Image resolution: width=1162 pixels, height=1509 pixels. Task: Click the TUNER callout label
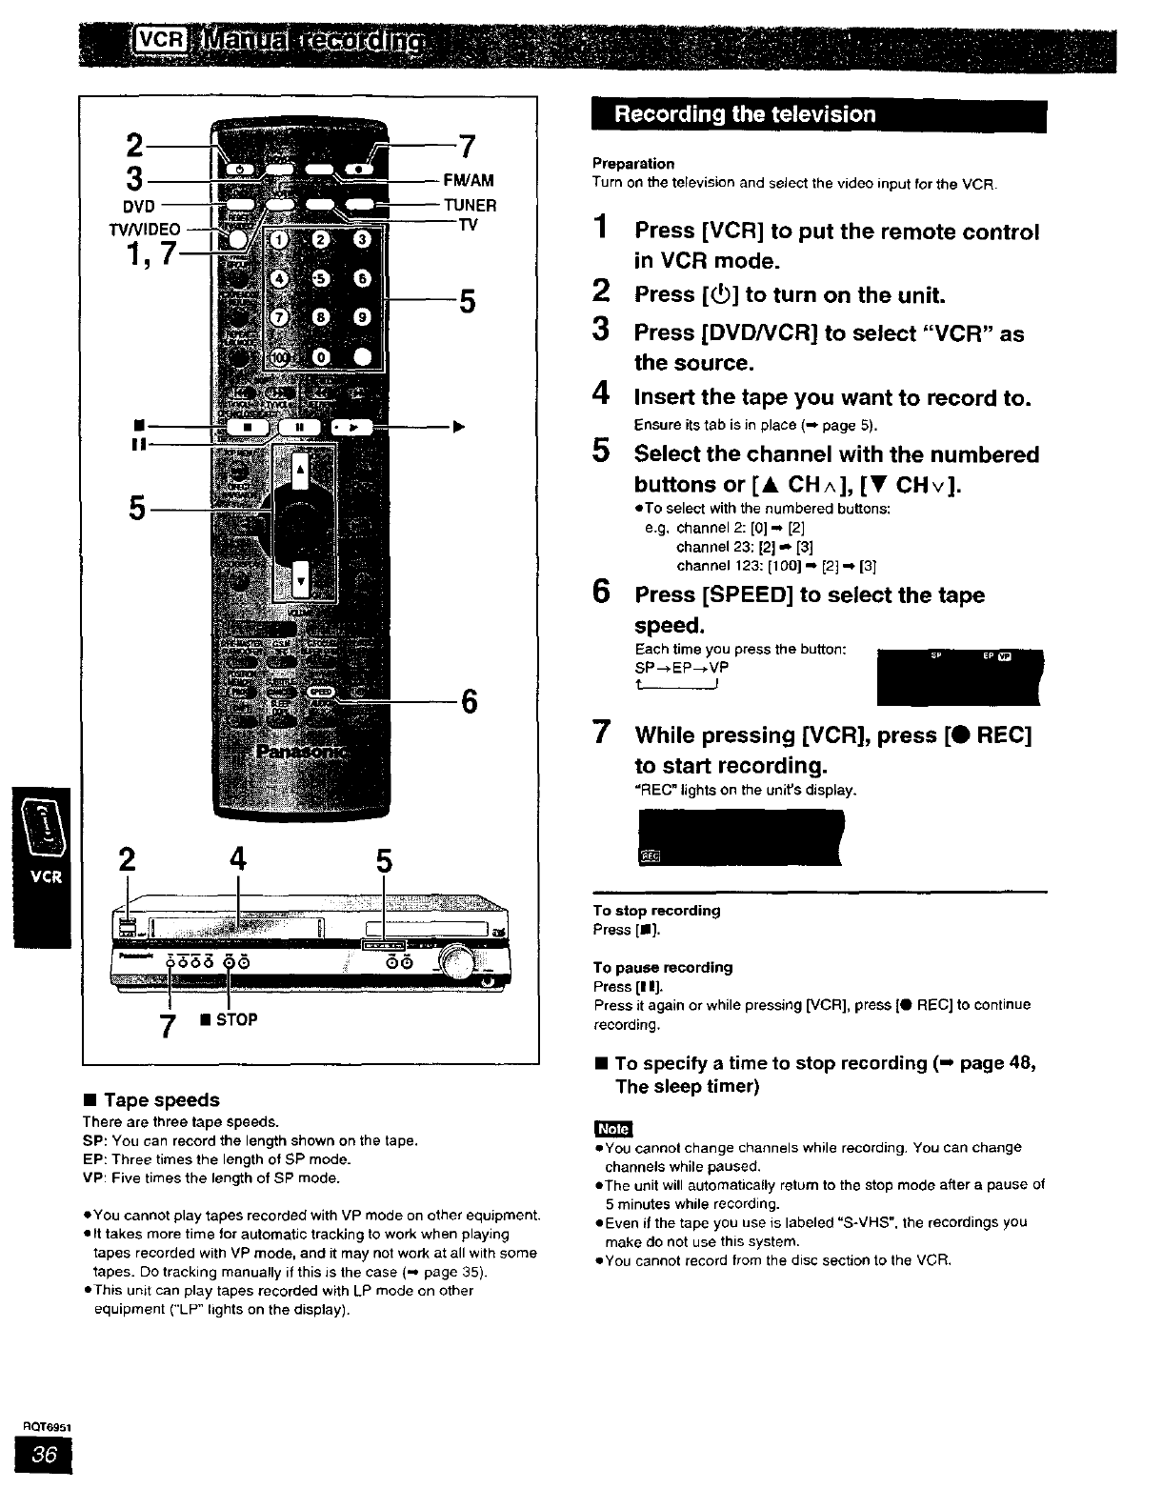[x=471, y=205]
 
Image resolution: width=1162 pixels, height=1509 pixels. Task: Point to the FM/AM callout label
[x=469, y=180]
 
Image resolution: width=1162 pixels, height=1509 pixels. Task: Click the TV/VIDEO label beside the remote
[x=145, y=229]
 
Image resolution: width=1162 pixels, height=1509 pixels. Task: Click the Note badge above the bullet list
[x=612, y=1128]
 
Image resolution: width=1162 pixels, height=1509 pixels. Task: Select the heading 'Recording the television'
[x=745, y=115]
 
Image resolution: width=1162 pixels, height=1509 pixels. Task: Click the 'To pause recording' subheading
[x=662, y=967]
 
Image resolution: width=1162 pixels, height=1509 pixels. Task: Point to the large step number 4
[x=600, y=393]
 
